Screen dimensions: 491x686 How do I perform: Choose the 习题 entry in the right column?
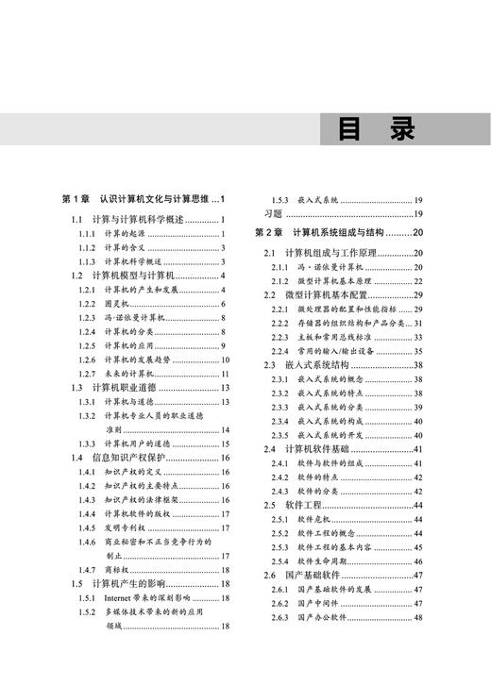point(274,214)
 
